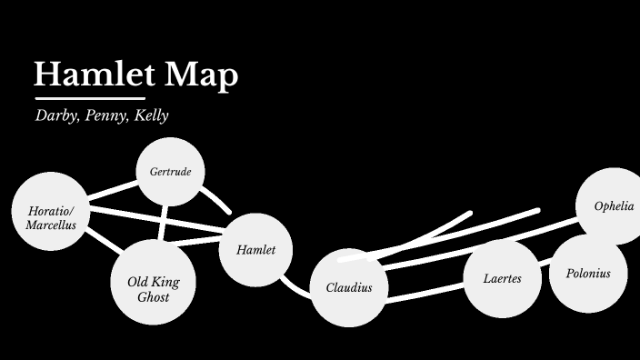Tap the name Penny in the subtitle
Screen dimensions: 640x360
pyautogui.click(x=105, y=116)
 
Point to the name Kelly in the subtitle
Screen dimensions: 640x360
pyautogui.click(x=150, y=116)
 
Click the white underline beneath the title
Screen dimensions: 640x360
pyautogui.click(x=89, y=97)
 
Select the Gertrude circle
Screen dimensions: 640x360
pyautogui.click(x=170, y=171)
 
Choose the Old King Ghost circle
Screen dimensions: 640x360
pyautogui.click(x=153, y=284)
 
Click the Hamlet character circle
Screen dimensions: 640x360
pyautogui.click(x=255, y=249)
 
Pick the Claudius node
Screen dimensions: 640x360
pyautogui.click(x=349, y=288)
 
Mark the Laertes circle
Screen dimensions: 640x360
pyautogui.click(x=503, y=278)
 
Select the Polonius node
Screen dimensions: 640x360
pyautogui.click(x=588, y=273)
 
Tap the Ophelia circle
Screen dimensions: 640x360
pyautogui.click(x=614, y=206)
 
